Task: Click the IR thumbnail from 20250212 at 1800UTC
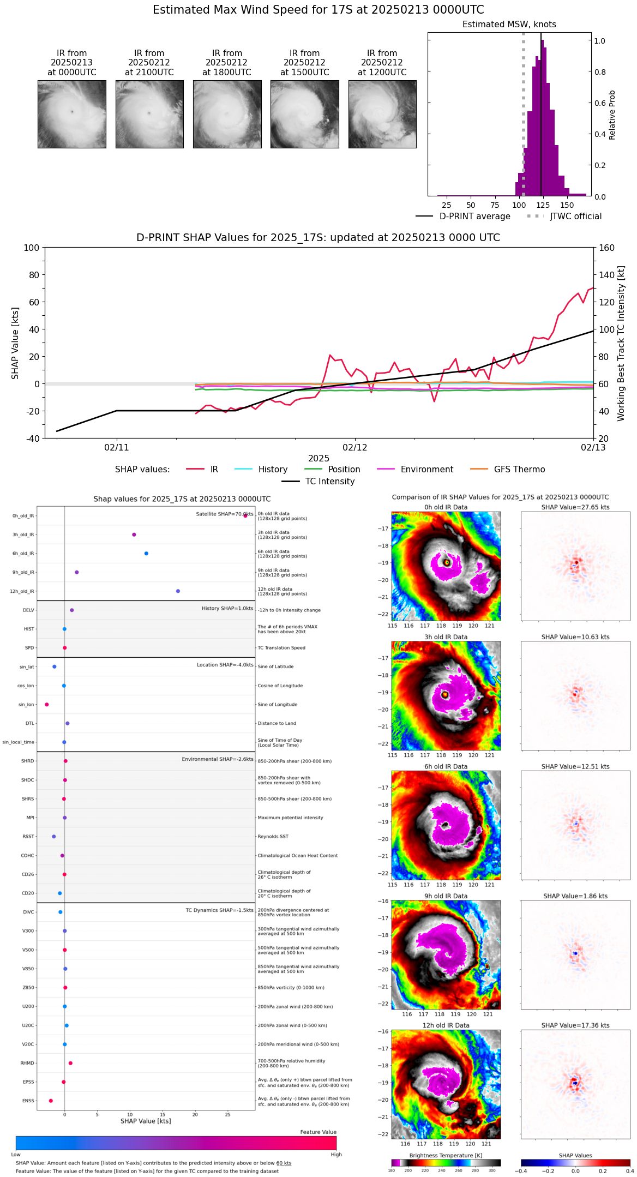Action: pyautogui.click(x=227, y=114)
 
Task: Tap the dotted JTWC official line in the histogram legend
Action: pyautogui.click(x=535, y=217)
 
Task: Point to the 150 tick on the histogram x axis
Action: pyautogui.click(x=567, y=205)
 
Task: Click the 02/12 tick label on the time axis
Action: pyautogui.click(x=355, y=448)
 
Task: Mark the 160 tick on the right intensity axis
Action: pyautogui.click(x=607, y=248)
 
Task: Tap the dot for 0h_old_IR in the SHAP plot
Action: pyautogui.click(x=245, y=515)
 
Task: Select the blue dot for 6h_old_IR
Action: pyautogui.click(x=146, y=554)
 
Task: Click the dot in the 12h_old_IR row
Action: pyautogui.click(x=178, y=591)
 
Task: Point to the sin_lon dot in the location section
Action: pyautogui.click(x=47, y=705)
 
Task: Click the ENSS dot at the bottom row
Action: pyautogui.click(x=51, y=1101)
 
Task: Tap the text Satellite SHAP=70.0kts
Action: pyautogui.click(x=225, y=514)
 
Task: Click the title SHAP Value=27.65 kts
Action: pyautogui.click(x=575, y=507)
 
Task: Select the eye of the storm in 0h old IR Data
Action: pyautogui.click(x=447, y=562)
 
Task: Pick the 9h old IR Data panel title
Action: pyautogui.click(x=446, y=896)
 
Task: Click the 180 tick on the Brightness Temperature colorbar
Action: pyautogui.click(x=392, y=1170)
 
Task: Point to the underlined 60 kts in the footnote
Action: pyautogui.click(x=284, y=1163)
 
